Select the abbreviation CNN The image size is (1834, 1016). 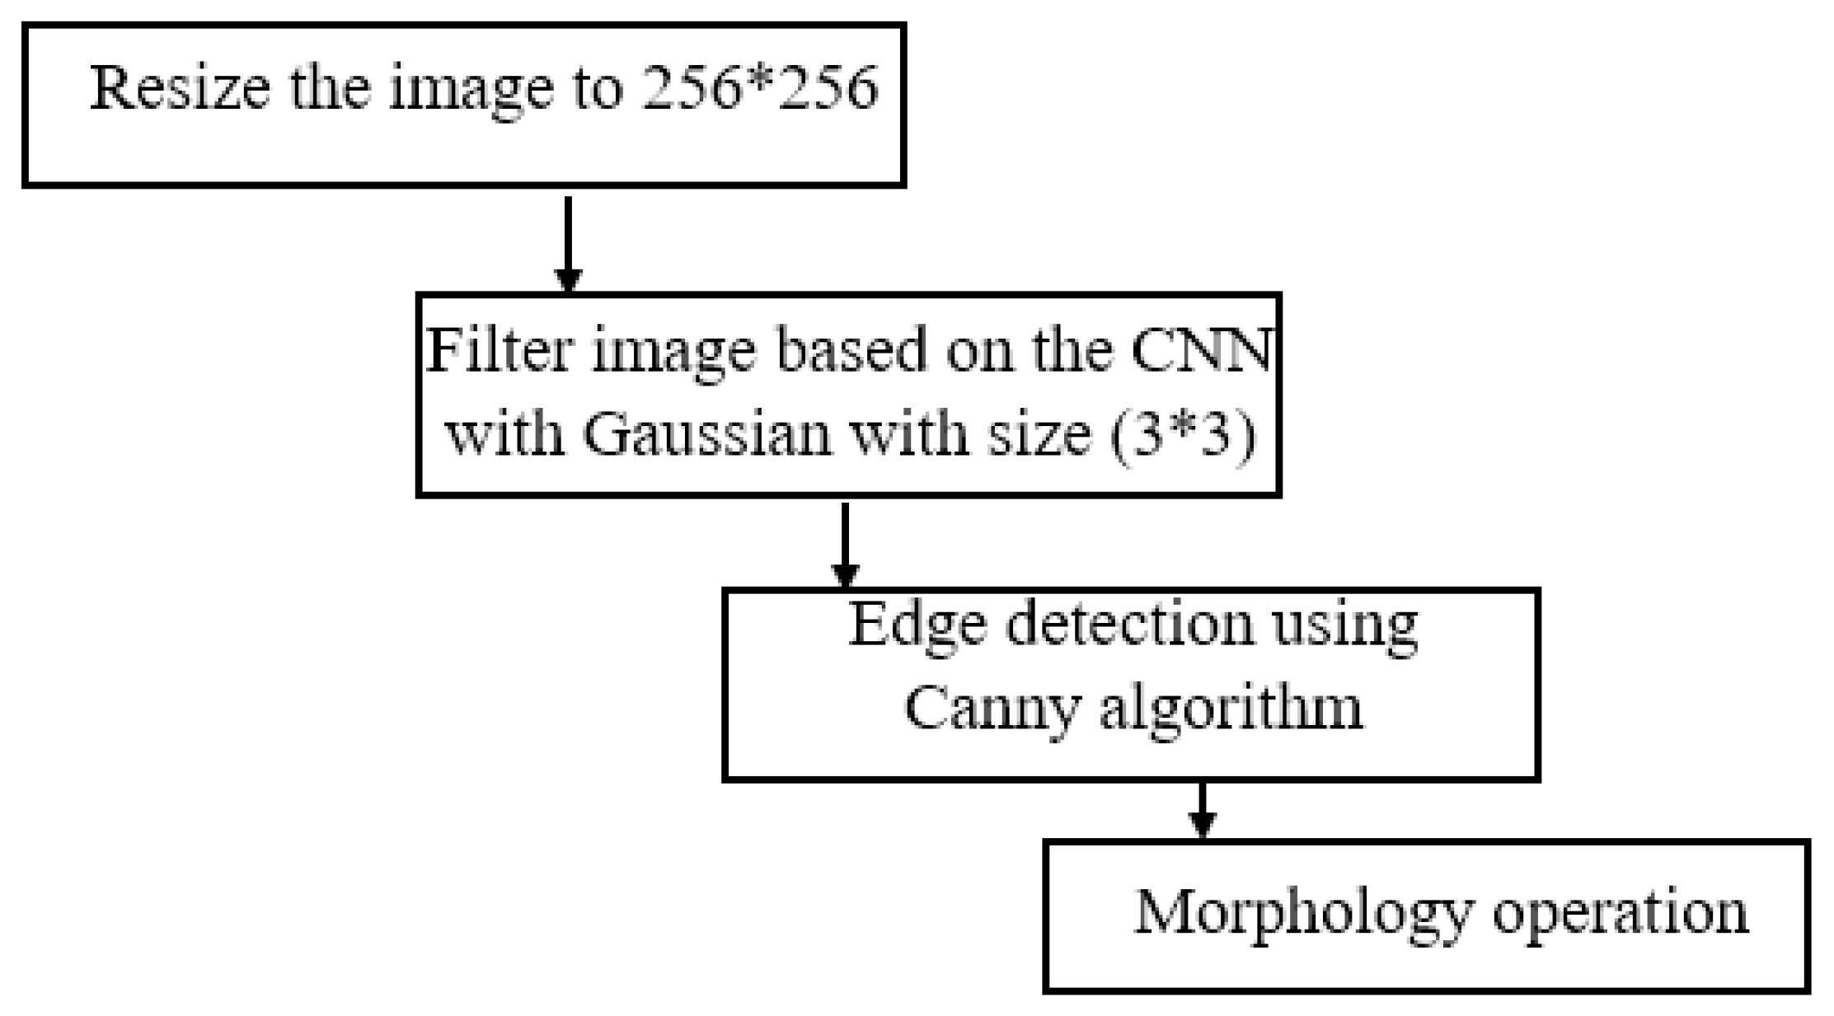pos(1200,349)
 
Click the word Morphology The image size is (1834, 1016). pos(1303,913)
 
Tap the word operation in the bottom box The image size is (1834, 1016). pos(1621,913)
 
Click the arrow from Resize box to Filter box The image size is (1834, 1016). pos(568,243)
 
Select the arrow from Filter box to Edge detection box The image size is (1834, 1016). pos(845,544)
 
